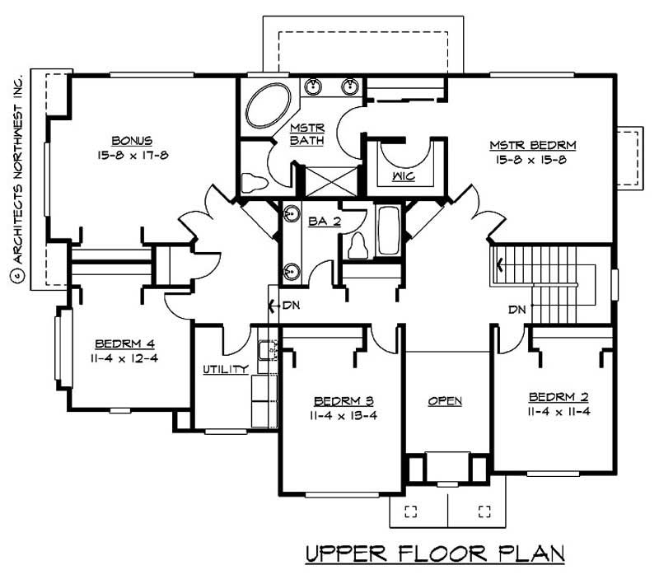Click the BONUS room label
pos(133,140)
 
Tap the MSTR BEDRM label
pos(532,145)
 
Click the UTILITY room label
pos(226,370)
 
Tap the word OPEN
pos(445,401)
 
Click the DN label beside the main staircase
pos(516,311)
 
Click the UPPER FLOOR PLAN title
pos(435,554)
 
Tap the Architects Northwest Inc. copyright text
pos(17,176)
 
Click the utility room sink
pos(268,351)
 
